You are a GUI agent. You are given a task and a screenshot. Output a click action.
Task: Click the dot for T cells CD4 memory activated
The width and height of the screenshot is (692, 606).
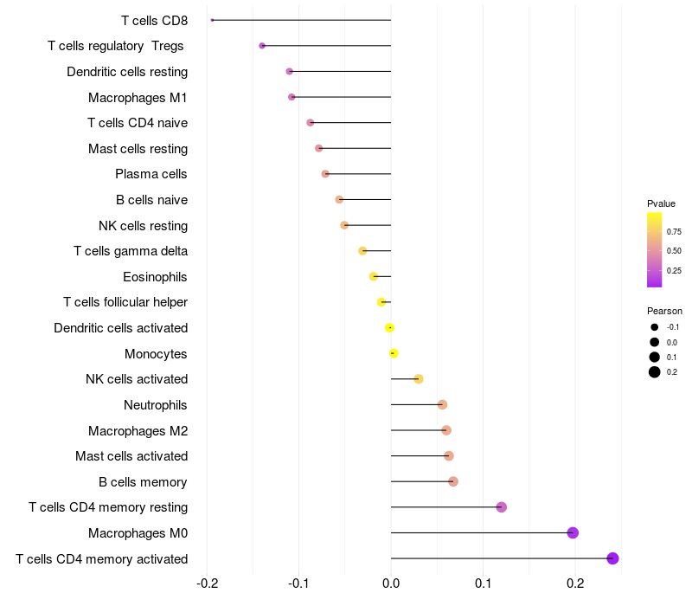[612, 558]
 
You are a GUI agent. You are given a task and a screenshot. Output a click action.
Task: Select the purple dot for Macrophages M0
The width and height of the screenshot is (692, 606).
[573, 532]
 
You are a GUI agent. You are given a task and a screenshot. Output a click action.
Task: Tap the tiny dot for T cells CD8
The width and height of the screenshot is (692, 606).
[212, 20]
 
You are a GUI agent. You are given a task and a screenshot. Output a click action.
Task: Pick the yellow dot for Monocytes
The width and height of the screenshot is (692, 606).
[394, 353]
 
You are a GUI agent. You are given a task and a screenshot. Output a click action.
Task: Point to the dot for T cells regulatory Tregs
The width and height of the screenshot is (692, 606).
[262, 46]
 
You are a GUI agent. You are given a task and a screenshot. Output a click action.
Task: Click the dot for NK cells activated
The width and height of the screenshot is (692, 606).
[419, 379]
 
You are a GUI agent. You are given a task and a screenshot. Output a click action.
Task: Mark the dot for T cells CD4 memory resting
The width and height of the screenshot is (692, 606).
[502, 507]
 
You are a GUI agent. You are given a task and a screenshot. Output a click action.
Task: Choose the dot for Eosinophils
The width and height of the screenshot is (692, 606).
[374, 276]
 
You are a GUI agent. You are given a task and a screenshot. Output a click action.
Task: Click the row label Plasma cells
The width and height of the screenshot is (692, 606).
[151, 174]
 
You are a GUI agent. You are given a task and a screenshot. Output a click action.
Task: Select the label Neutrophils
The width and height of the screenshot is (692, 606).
[156, 405]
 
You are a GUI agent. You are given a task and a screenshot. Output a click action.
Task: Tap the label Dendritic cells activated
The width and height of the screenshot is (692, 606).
[121, 328]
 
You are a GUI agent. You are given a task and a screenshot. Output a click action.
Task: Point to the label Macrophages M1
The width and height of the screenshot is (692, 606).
[138, 97]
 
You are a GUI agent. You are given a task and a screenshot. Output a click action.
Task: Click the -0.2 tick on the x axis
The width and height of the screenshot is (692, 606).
[207, 583]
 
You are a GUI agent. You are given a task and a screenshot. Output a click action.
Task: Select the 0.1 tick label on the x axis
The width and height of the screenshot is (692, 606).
[484, 583]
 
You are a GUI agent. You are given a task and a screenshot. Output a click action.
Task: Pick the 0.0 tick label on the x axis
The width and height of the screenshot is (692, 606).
[391, 583]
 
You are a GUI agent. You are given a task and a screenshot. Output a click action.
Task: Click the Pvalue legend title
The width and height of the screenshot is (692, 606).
[661, 203]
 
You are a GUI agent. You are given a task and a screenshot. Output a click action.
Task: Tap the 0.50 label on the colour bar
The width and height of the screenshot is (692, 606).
[674, 251]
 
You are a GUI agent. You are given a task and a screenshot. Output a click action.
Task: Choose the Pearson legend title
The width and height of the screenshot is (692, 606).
[664, 311]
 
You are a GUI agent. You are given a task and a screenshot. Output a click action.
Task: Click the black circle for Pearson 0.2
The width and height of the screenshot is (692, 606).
[655, 372]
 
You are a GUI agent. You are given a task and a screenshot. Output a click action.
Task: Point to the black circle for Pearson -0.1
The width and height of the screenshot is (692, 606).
[655, 327]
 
